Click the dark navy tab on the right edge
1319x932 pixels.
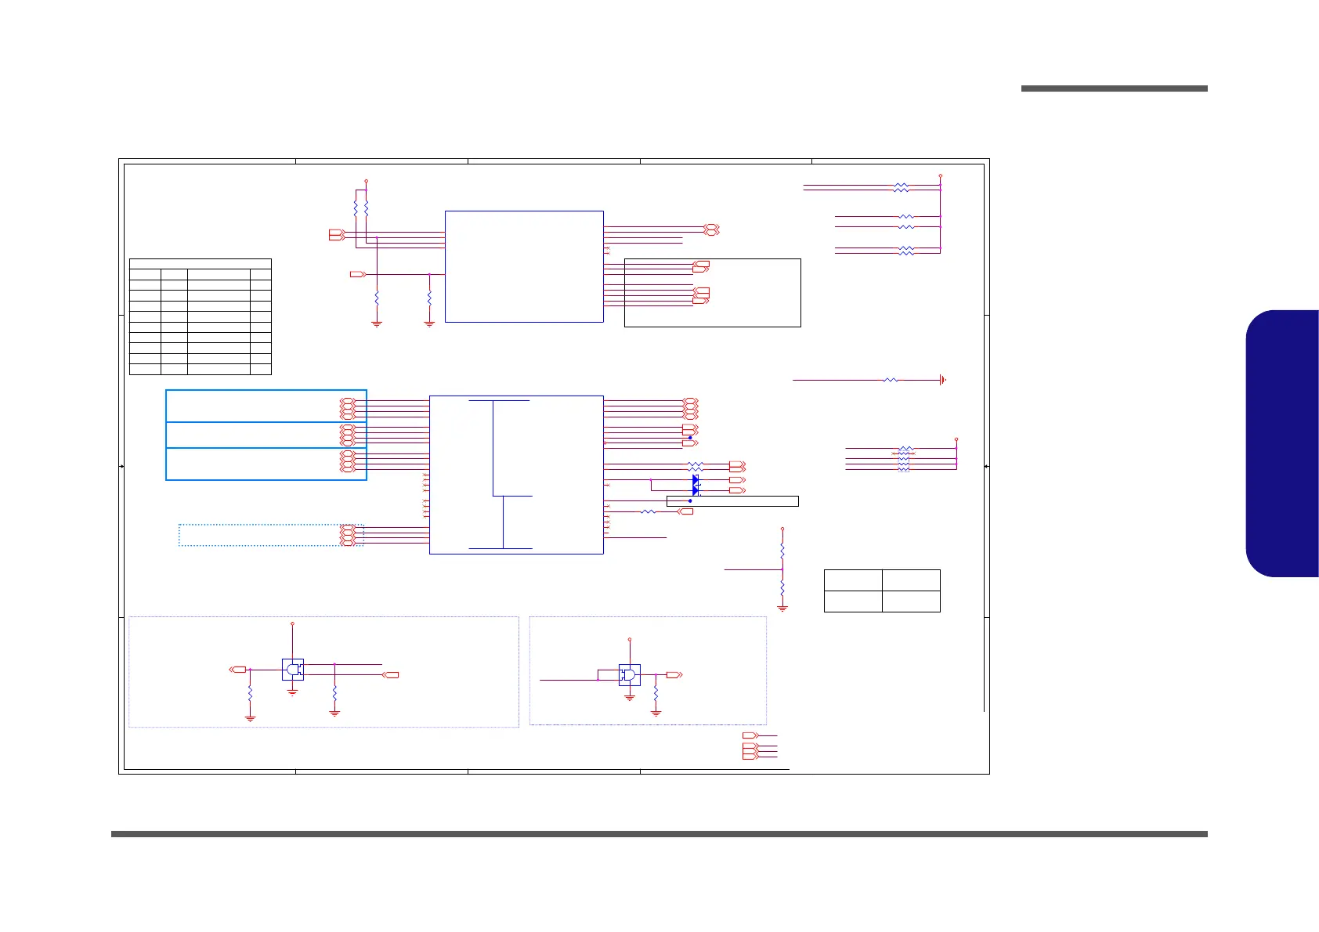click(x=1283, y=443)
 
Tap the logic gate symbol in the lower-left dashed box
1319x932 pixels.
click(x=293, y=670)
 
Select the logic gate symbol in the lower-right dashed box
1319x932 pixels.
click(x=629, y=675)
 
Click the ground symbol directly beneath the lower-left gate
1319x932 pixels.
click(x=292, y=692)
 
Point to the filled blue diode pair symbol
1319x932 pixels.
click(x=695, y=486)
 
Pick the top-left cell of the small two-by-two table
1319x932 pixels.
click(x=853, y=580)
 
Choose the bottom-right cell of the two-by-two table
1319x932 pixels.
click(x=911, y=601)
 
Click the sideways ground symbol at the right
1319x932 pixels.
click(x=942, y=380)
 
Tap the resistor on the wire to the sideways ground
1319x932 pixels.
click(x=891, y=380)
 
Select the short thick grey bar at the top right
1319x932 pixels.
click(x=1114, y=89)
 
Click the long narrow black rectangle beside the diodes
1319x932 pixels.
click(x=732, y=501)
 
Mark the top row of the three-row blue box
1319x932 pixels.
click(x=266, y=406)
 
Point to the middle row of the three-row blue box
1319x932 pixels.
click(x=266, y=435)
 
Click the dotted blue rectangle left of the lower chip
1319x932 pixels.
click(x=270, y=535)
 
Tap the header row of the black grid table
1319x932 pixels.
click(x=200, y=264)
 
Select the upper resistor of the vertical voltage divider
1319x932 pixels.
click(x=782, y=550)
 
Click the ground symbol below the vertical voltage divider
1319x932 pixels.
click(x=782, y=608)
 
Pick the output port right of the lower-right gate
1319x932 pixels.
click(x=674, y=674)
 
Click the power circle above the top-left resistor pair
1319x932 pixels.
click(x=366, y=182)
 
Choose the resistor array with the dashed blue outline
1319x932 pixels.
click(x=904, y=460)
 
